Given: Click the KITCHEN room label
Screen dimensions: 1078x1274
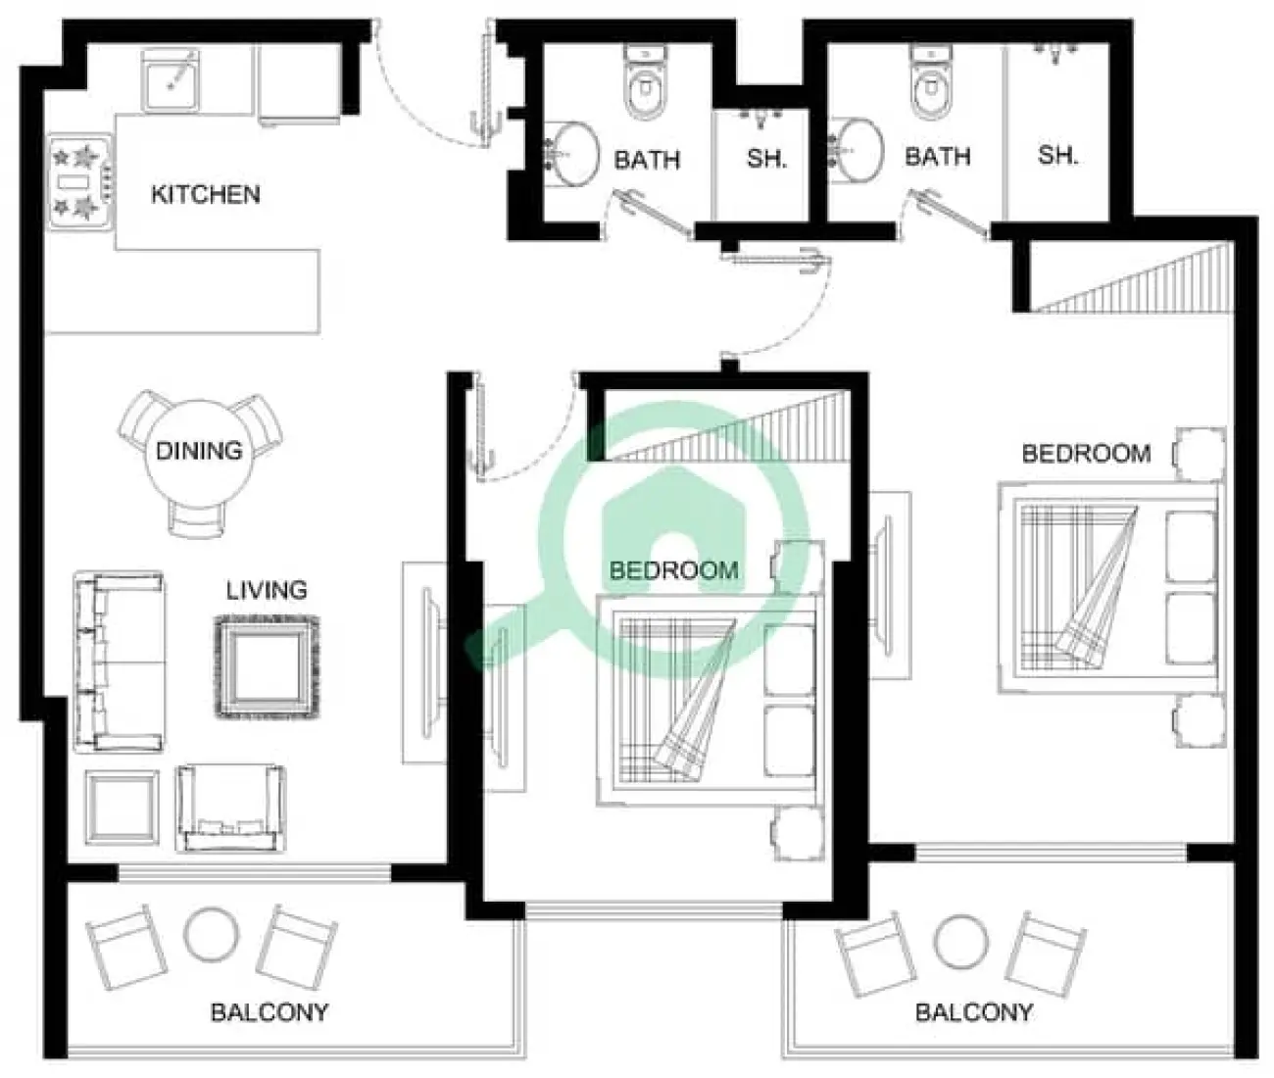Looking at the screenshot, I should (x=206, y=194).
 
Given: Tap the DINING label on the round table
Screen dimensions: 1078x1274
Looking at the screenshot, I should (x=199, y=451).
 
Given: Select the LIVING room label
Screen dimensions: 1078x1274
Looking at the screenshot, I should (x=267, y=590).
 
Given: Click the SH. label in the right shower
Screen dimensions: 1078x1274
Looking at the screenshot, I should (x=1058, y=155).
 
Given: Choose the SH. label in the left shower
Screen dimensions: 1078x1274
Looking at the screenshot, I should (x=766, y=158).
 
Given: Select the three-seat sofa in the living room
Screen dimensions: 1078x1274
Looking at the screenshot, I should (x=118, y=663).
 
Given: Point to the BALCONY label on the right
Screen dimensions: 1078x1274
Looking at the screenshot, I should (x=973, y=1012).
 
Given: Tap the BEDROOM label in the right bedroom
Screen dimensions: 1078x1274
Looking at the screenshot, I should (x=1086, y=454).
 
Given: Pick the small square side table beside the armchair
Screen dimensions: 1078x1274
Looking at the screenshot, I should (x=122, y=808).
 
